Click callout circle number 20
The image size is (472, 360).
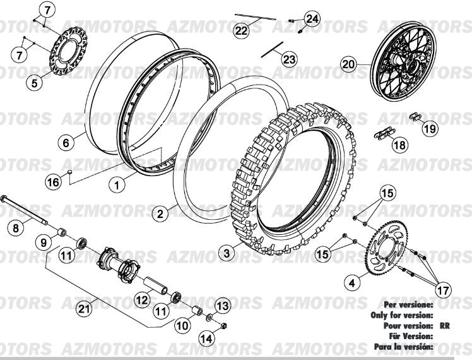[x=349, y=63]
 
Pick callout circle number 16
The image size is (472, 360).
[x=54, y=182]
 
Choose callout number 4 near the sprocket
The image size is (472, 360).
[x=351, y=283]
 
